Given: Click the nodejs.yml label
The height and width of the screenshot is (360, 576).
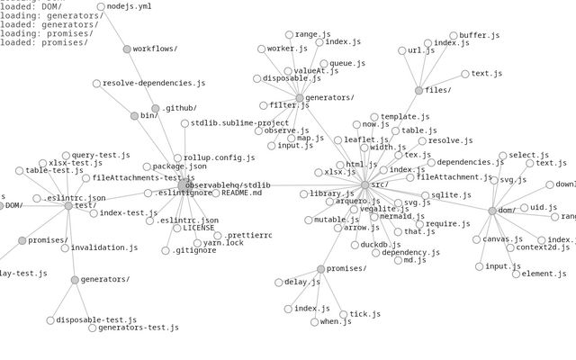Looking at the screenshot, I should click(x=129, y=7).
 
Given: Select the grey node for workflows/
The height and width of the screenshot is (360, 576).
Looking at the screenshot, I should click(x=127, y=49).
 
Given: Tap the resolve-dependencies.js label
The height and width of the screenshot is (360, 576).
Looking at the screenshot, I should click(x=153, y=84).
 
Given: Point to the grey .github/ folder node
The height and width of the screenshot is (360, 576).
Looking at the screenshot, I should click(x=155, y=108).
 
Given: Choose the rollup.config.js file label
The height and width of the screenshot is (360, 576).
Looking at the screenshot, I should click(x=219, y=158).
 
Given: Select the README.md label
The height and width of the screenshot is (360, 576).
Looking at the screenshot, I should click(x=241, y=193).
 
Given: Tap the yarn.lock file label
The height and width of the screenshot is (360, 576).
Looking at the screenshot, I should click(x=223, y=243).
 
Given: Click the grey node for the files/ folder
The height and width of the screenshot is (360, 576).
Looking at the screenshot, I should click(x=418, y=90).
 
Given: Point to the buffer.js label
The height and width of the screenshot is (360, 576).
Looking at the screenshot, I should click(x=479, y=36).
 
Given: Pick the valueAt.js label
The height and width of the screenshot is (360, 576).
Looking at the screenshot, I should click(x=315, y=70).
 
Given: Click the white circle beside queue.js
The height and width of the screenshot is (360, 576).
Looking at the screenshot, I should click(x=322, y=64).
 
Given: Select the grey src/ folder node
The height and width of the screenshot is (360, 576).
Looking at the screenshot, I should click(x=364, y=184).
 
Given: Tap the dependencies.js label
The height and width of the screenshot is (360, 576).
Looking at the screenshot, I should click(x=470, y=163).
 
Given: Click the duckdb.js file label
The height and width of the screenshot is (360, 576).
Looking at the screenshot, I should click(x=381, y=245).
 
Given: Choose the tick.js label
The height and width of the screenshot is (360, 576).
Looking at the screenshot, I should click(x=364, y=315).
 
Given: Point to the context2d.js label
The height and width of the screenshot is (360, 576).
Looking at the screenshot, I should click(x=543, y=247).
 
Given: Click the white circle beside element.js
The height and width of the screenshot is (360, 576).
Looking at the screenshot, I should click(x=516, y=274).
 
